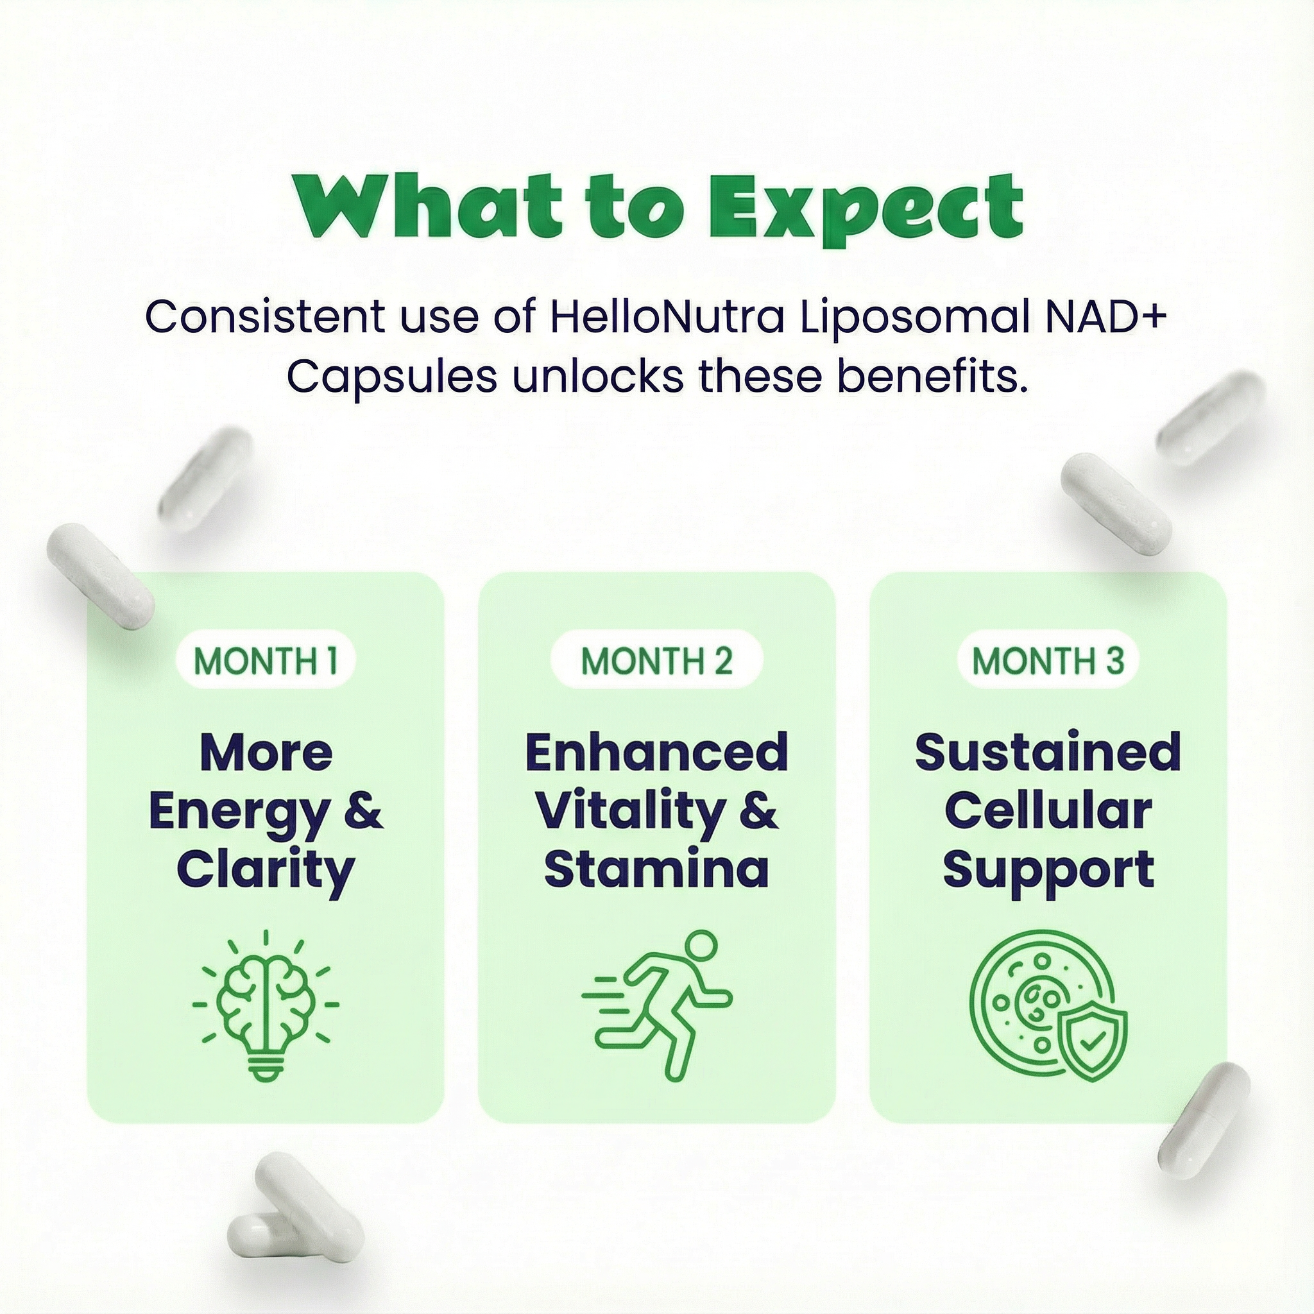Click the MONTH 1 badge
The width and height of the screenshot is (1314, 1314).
pyautogui.click(x=266, y=660)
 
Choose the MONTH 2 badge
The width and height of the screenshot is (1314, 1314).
pyautogui.click(x=656, y=660)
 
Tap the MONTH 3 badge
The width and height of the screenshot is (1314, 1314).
pyautogui.click(x=1048, y=660)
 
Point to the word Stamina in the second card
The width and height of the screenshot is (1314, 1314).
pyautogui.click(x=656, y=869)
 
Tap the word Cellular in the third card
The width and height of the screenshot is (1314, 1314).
pyautogui.click(x=1048, y=811)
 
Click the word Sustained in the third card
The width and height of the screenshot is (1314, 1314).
pyautogui.click(x=1048, y=752)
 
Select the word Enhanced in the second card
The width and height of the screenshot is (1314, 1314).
pyautogui.click(x=656, y=752)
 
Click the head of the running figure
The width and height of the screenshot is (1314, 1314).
pyautogui.click(x=701, y=948)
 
